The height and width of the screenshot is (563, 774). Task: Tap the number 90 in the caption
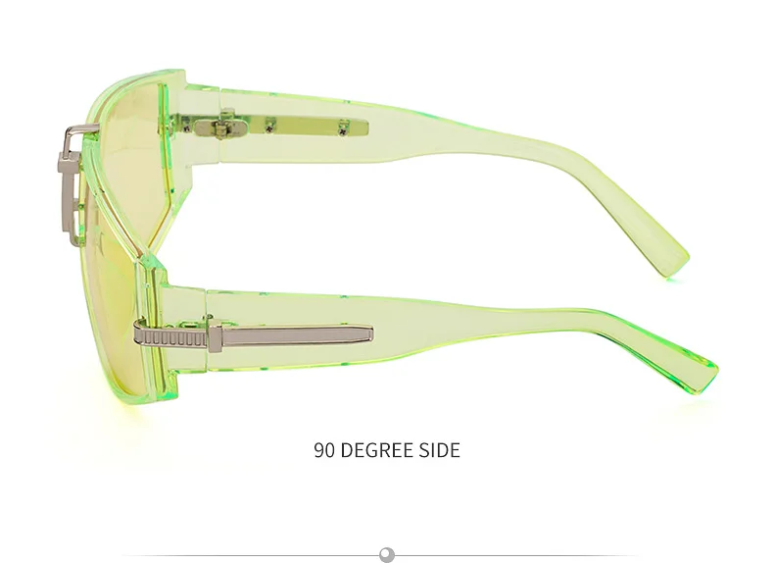[x=324, y=450]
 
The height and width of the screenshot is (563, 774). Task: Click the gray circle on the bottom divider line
[x=387, y=554]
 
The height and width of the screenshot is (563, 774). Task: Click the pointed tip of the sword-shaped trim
[x=370, y=334]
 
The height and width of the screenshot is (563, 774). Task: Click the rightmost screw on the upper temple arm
[x=343, y=129]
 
